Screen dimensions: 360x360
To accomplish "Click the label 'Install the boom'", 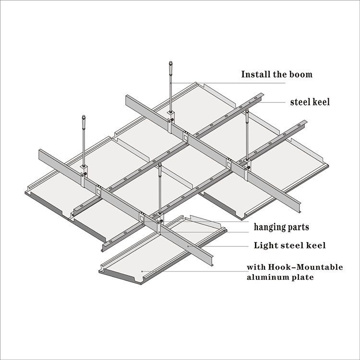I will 276,74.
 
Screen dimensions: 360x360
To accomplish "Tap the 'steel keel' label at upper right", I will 310,102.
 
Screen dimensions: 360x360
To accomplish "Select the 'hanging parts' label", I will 281,227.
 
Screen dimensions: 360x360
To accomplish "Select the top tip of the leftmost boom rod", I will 84,117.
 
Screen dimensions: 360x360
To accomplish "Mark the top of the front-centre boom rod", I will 159,166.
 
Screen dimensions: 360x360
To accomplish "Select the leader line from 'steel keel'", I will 271,102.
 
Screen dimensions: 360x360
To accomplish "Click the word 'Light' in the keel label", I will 264,245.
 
